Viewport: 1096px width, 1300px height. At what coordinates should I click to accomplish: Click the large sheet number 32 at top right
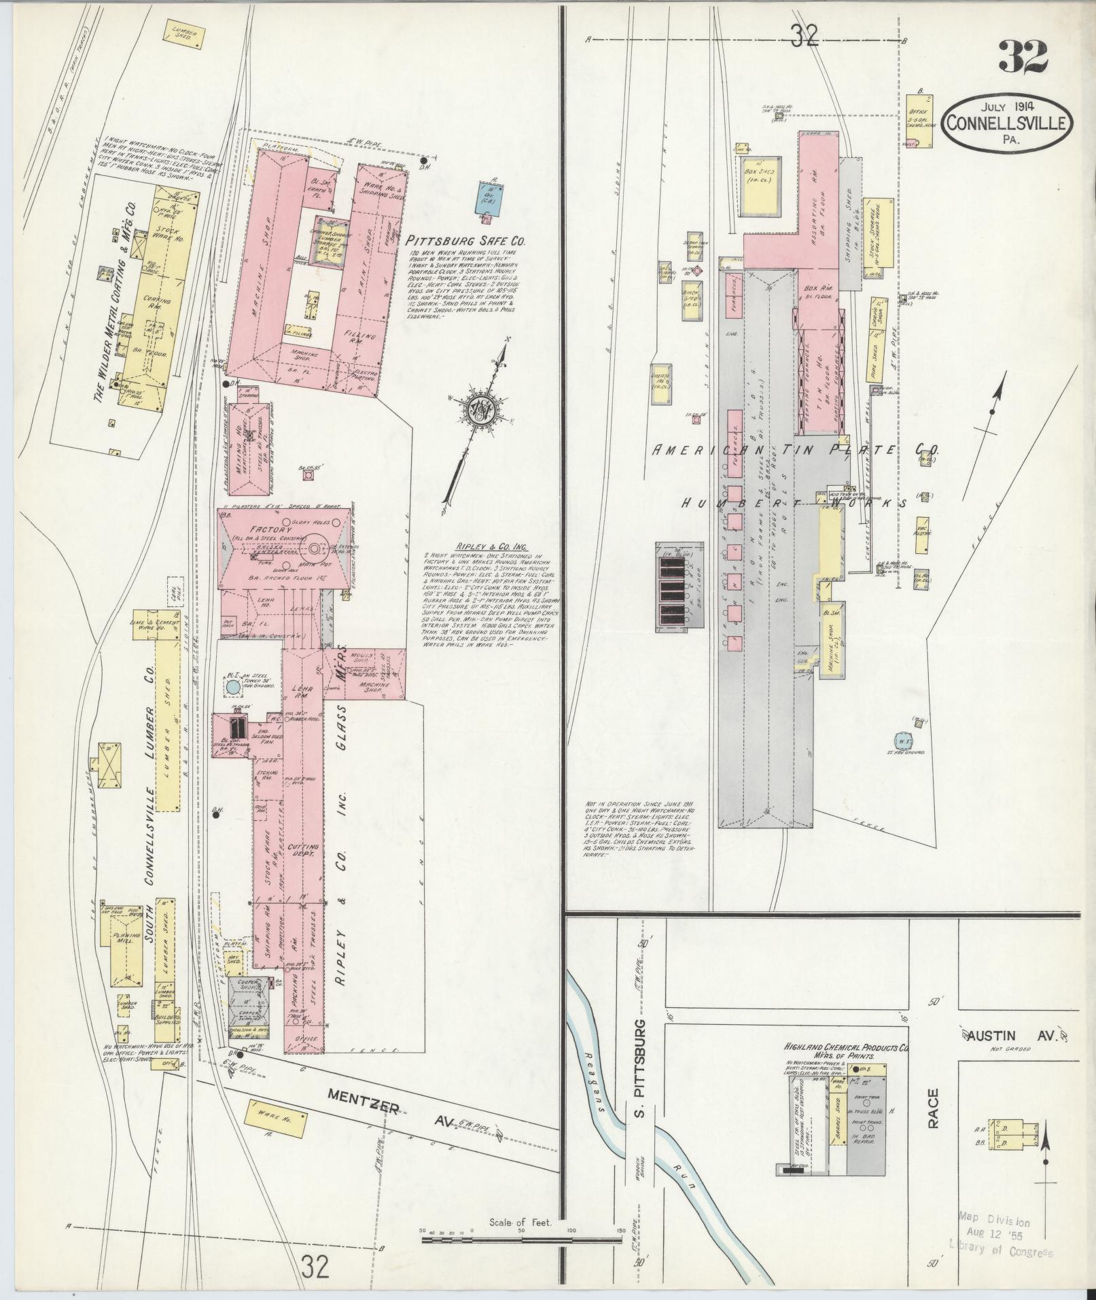point(1023,57)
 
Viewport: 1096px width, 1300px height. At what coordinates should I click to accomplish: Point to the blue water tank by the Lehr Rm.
point(232,687)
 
